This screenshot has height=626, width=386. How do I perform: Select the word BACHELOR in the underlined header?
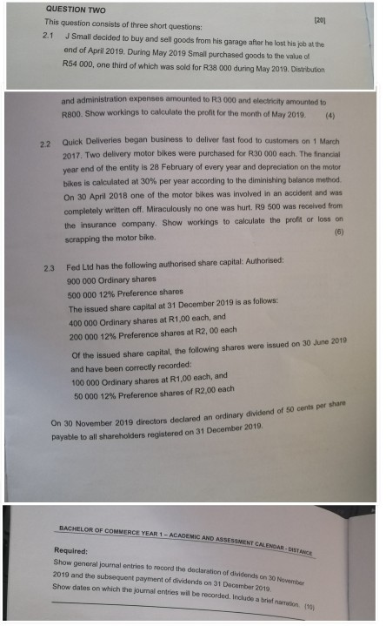[x=75, y=528]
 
